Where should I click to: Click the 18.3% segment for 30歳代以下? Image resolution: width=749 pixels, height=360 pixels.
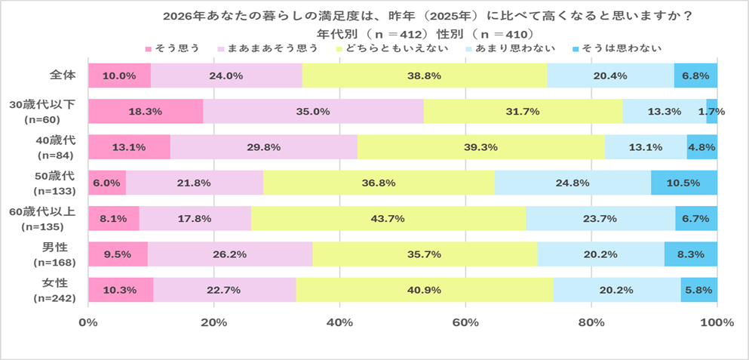[146, 111]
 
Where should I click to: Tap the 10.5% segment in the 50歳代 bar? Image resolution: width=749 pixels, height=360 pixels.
[684, 183]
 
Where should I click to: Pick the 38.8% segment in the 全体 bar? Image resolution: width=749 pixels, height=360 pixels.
[424, 75]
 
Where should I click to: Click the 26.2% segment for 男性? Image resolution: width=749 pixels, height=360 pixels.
[230, 254]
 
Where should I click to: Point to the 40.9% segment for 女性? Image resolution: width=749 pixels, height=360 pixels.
[425, 290]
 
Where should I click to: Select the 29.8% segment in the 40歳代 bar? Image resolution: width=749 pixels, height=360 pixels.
[263, 147]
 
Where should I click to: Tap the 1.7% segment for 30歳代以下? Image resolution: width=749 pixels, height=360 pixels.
[712, 111]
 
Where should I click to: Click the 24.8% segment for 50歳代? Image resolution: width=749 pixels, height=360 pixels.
[572, 183]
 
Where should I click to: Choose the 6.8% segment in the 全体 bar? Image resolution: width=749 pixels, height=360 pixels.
[695, 75]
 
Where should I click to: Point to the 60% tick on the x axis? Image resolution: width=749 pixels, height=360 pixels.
[466, 323]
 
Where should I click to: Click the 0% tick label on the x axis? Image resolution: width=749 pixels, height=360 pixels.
[88, 323]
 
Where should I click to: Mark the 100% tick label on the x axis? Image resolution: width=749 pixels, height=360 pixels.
[717, 323]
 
